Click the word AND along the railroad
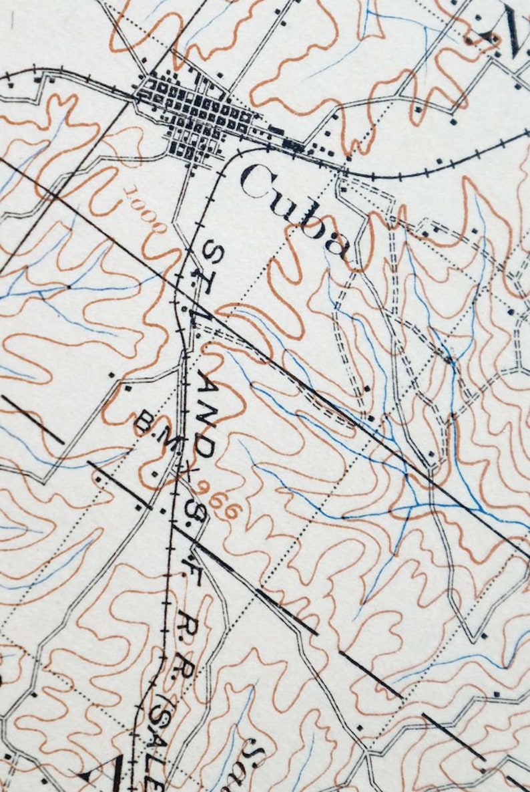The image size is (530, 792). [x=208, y=414]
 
